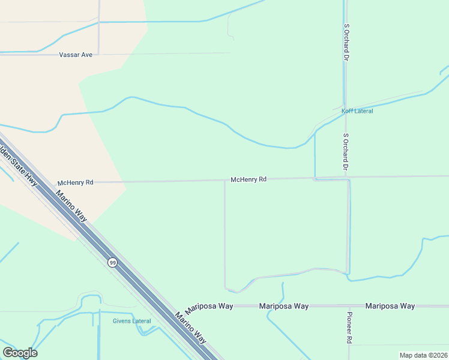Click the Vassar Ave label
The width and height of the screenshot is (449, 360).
pyautogui.click(x=76, y=55)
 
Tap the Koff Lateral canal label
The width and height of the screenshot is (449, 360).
pyautogui.click(x=357, y=111)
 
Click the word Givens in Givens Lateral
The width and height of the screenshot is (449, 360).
pyautogui.click(x=122, y=321)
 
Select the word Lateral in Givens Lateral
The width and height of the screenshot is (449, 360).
pyautogui.click(x=142, y=321)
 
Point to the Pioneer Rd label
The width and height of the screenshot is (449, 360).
pyautogui.click(x=349, y=327)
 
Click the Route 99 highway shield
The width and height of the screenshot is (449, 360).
pyautogui.click(x=112, y=262)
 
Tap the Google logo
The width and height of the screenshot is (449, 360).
pyautogui.click(x=20, y=353)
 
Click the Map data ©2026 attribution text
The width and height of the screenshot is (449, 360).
pyautogui.click(x=423, y=355)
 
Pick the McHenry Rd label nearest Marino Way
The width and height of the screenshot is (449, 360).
pyautogui.click(x=76, y=182)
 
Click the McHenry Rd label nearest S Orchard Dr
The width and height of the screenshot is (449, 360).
pyautogui.click(x=249, y=179)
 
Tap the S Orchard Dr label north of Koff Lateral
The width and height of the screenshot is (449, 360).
pyautogui.click(x=346, y=43)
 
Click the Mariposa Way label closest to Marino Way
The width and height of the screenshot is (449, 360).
pyautogui.click(x=209, y=306)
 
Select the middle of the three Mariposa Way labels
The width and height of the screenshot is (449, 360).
pyautogui.click(x=284, y=306)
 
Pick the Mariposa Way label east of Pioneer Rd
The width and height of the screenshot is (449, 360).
pyautogui.click(x=390, y=306)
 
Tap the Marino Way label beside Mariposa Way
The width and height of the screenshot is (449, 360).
pyautogui.click(x=191, y=328)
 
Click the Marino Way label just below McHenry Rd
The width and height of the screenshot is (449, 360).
pyautogui.click(x=71, y=206)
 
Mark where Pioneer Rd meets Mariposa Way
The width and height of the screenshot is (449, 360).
pyautogui.click(x=349, y=306)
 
